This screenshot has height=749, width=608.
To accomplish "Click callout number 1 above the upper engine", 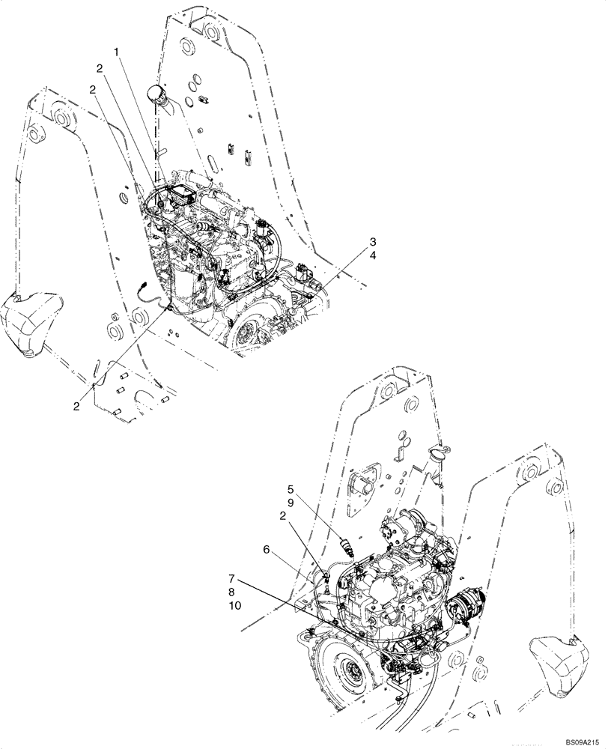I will point(116,52).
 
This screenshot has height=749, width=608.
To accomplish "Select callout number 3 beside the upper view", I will point(371,242).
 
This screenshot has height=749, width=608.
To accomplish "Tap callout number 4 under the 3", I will point(371,256).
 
